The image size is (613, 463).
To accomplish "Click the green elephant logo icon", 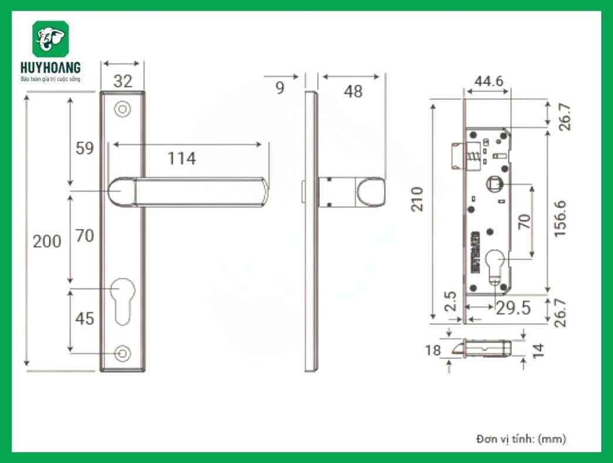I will coord(50,39).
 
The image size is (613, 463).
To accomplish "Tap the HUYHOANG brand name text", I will coord(50,68).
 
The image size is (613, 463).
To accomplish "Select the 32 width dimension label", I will coord(122,81).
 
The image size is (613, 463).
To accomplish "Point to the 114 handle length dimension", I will coord(181,158).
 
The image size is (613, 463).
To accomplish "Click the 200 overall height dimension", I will coord(46,241).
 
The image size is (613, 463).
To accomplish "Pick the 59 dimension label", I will coord(85,148).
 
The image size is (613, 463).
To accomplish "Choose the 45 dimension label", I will coord(85,318).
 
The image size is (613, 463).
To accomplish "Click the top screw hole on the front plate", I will coord(122,109).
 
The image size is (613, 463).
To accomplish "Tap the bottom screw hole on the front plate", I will coord(122,354).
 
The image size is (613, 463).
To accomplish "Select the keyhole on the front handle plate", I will coord(122,300).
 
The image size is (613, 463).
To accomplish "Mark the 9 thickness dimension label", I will coord(279,88).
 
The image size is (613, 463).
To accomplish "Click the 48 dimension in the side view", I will coord(352,92).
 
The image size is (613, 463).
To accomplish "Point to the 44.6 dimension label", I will coord(489,81).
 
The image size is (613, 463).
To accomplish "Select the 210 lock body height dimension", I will coord(417,200).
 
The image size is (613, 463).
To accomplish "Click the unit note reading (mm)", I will coord(552,438).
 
